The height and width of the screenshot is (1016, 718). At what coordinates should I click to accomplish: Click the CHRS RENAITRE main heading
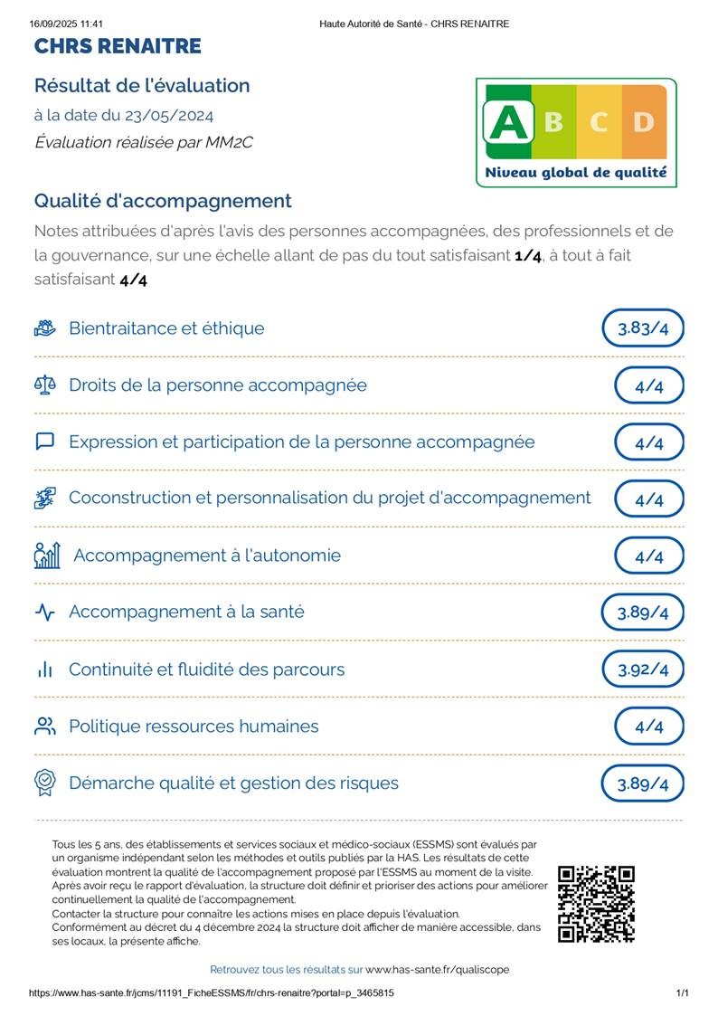pos(118,46)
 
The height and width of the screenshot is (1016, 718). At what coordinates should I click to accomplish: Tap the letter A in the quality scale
pos(507,122)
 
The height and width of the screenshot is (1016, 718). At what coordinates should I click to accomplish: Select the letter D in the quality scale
pos(643,122)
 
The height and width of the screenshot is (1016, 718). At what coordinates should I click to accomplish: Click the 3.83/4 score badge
pos(643,328)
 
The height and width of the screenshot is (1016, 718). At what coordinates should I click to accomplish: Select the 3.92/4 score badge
pos(643,670)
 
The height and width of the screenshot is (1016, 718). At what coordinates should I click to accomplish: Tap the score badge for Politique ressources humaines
pos(649,726)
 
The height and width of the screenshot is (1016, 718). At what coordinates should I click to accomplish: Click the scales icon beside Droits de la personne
pos(45,385)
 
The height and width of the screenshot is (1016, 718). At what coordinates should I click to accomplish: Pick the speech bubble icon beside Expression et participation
pos(45,442)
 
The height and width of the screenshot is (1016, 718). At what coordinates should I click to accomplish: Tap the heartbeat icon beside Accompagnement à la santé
pos(45,612)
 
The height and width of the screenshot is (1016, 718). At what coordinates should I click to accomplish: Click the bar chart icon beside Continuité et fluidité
pos(45,670)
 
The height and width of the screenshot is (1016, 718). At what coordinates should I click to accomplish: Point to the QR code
pos(596,904)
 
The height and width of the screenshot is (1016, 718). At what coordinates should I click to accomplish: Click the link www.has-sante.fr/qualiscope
pos(437,970)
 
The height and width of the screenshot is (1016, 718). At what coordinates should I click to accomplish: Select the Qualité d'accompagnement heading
pos(163,201)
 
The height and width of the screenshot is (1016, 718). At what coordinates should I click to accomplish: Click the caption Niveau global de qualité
pos(576,172)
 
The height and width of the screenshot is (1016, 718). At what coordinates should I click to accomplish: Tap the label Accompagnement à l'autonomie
pos(207,555)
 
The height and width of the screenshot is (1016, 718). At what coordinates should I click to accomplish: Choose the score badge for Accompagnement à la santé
pos(643,612)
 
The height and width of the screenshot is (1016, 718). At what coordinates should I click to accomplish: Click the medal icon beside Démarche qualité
pos(45,783)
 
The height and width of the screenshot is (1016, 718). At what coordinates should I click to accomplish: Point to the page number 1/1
pos(683,993)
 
